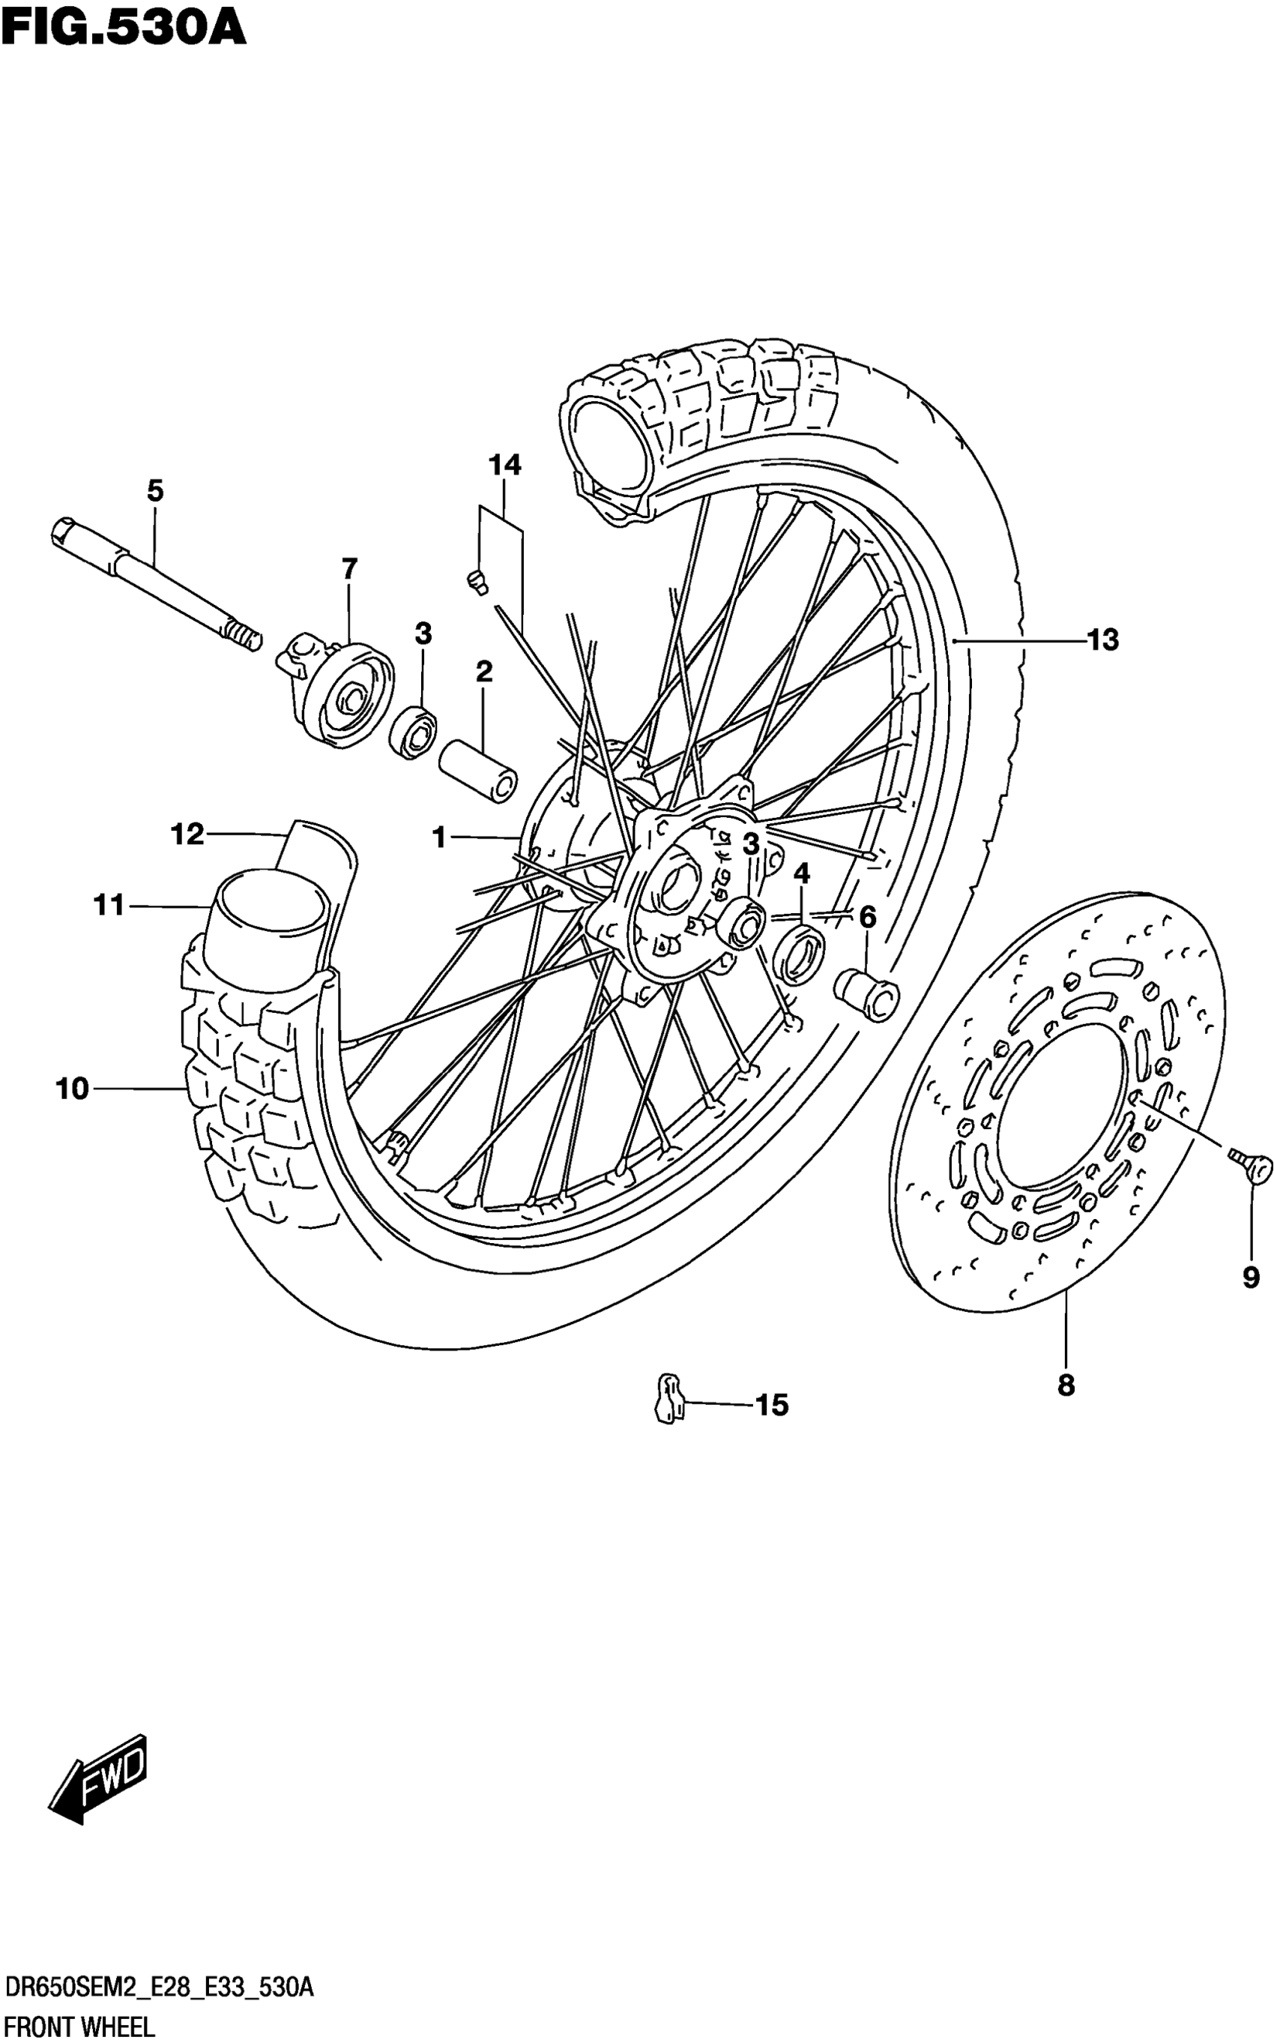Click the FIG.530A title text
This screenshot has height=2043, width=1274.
[x=124, y=27]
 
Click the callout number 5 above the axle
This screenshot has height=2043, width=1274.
[x=155, y=490]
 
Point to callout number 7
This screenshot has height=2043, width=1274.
[x=350, y=569]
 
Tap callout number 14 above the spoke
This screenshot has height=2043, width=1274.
[x=504, y=464]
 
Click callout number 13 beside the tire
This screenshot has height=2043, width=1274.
[x=1102, y=640]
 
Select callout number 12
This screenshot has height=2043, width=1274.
[x=187, y=834]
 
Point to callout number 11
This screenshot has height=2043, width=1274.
[x=109, y=905]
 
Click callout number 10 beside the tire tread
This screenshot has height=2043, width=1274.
[x=73, y=1089]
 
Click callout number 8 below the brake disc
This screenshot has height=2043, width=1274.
[x=1066, y=1384]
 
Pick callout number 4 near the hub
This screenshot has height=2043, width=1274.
[x=801, y=873]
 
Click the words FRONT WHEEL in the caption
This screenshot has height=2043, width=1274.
[x=79, y=2027]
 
